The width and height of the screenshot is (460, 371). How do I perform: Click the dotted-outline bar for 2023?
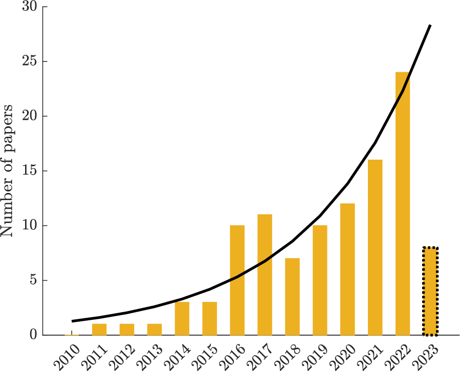pyautogui.click(x=430, y=291)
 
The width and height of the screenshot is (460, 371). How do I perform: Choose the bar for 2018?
pyautogui.click(x=292, y=297)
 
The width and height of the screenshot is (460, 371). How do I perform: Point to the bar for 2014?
pyautogui.click(x=182, y=318)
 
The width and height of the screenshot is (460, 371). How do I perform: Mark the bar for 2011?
pyautogui.click(x=99, y=330)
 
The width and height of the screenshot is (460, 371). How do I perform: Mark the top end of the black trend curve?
pyautogui.click(x=430, y=25)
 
